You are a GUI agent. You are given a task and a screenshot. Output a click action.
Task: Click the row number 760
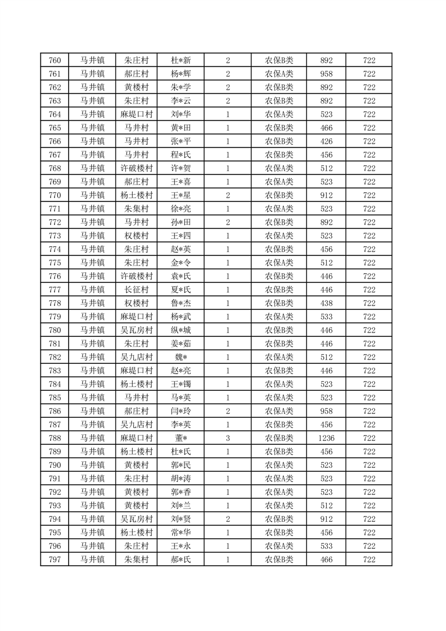click(55, 60)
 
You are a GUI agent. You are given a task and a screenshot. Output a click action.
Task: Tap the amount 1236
click(326, 438)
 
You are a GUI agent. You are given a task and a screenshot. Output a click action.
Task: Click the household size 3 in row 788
click(227, 438)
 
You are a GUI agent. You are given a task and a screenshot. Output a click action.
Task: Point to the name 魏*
click(181, 357)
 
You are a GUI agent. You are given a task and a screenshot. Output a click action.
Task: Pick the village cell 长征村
click(136, 290)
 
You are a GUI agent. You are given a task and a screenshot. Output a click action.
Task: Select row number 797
click(55, 560)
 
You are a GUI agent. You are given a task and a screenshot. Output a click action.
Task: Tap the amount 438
click(326, 303)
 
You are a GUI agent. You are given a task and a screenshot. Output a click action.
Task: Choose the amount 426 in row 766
click(326, 141)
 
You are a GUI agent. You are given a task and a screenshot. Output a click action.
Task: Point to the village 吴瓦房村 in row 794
click(136, 519)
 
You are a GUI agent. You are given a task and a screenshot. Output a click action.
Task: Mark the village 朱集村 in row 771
click(136, 209)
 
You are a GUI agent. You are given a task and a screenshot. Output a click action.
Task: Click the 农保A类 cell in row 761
click(279, 74)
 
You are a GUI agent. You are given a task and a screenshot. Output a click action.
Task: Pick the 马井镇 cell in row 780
click(92, 330)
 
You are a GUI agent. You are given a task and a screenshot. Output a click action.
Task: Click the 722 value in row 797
click(369, 560)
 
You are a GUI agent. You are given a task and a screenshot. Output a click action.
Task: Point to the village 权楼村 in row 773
click(136, 236)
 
